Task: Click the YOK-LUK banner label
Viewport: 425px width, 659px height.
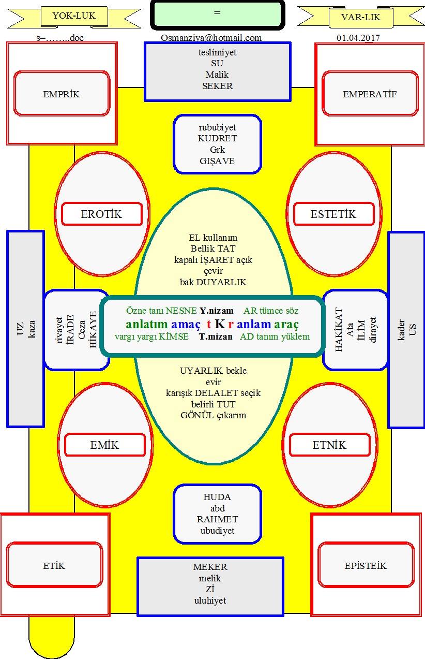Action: (x=74, y=16)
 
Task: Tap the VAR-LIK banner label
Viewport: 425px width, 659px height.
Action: (x=361, y=17)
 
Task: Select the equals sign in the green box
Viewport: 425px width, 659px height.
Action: (x=217, y=12)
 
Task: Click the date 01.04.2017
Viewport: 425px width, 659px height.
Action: (x=358, y=38)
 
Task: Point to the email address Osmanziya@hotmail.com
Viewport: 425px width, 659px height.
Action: (x=211, y=38)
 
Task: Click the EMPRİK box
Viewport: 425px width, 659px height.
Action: (x=62, y=94)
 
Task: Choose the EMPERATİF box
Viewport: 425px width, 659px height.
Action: (x=370, y=94)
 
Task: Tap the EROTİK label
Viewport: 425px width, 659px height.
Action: (x=102, y=214)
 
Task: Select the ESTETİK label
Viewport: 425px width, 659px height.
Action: (x=333, y=214)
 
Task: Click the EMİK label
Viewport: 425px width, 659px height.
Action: (x=104, y=445)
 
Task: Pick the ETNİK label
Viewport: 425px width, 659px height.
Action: (x=329, y=445)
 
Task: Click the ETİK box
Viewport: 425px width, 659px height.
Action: (x=54, y=565)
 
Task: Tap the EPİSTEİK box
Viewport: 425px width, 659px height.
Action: (x=366, y=565)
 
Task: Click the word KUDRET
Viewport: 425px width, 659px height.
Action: (x=217, y=138)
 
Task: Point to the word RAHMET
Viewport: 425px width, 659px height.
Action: (x=217, y=519)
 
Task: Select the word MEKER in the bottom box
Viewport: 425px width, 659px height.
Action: (x=210, y=567)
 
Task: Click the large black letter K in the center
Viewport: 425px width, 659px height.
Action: (x=220, y=324)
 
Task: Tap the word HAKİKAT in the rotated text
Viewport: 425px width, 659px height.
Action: (x=339, y=329)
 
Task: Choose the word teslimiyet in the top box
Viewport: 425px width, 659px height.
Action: (x=217, y=52)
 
